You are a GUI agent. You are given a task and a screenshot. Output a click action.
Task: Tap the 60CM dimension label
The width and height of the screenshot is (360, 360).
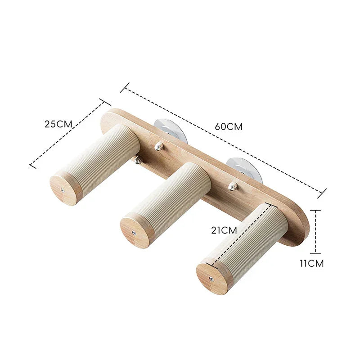click(229, 127)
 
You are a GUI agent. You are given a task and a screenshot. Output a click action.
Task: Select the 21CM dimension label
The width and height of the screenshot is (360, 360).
click(224, 230)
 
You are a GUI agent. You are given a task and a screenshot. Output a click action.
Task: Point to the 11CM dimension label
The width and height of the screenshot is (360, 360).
click(311, 264)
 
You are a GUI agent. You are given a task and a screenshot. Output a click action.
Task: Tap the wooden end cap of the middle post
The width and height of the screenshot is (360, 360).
click(135, 231)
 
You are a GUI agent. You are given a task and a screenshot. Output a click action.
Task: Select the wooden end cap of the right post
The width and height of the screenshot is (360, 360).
click(211, 278)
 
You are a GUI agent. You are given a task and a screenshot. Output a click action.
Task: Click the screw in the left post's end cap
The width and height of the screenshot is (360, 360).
click(62, 190)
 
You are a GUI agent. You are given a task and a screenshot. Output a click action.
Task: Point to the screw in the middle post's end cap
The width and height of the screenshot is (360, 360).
click(134, 232)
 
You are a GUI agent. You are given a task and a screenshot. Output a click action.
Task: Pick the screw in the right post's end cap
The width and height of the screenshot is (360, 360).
click(211, 279)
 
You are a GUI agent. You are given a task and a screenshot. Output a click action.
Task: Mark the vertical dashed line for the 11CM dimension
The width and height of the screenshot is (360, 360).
click(316, 232)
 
